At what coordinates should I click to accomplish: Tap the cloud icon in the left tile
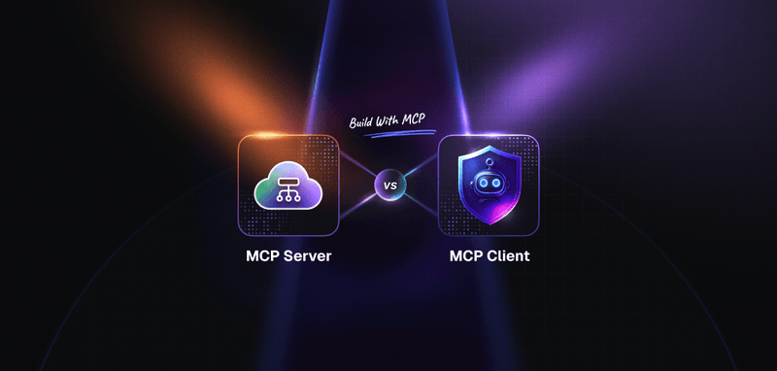[288, 184]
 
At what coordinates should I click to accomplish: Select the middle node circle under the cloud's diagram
[288, 197]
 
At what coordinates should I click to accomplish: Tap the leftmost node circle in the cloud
[278, 197]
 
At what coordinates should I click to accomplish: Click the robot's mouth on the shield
[489, 192]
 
